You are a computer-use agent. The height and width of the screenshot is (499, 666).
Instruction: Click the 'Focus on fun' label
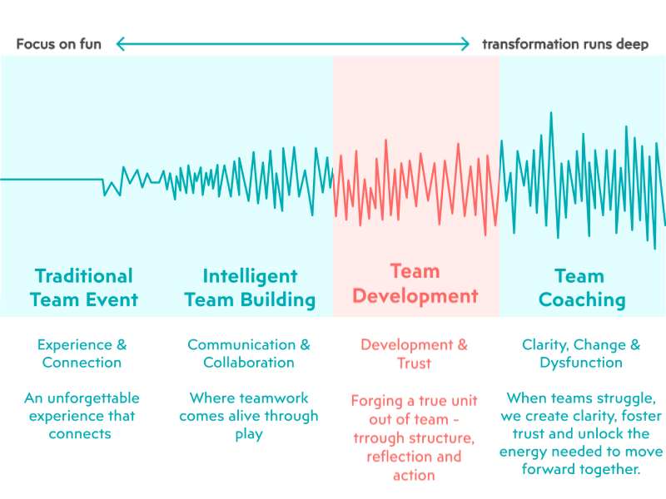coord(58,44)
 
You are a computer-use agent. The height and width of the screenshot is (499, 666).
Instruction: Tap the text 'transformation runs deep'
coord(565,44)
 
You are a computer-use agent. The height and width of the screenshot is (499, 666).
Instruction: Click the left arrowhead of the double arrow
coord(120,44)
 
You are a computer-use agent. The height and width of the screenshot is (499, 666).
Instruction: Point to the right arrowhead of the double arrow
coord(465,44)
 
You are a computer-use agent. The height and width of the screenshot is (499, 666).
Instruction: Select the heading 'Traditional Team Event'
coord(83,288)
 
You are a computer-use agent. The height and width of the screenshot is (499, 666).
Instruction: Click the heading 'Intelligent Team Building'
coord(250,288)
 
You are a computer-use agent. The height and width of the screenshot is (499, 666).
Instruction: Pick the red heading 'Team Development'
coord(415,284)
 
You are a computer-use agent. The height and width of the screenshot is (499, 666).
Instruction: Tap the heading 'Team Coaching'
coord(582,288)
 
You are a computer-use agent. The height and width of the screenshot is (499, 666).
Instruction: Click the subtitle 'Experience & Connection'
coord(82,353)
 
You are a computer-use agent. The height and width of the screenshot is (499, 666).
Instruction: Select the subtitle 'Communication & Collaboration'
coord(249,353)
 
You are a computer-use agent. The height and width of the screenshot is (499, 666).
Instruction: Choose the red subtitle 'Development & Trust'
coord(414,353)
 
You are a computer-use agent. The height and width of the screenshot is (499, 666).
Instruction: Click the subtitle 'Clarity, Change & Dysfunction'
coord(581,353)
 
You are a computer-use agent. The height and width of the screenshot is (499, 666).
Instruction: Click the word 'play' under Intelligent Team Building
coord(249,434)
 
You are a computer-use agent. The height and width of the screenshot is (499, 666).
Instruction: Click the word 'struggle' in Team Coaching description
coord(625,398)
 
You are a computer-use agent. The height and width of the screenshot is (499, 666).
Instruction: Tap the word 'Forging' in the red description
coord(375,400)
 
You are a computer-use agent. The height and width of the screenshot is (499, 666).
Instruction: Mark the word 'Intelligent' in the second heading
coord(250,276)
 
